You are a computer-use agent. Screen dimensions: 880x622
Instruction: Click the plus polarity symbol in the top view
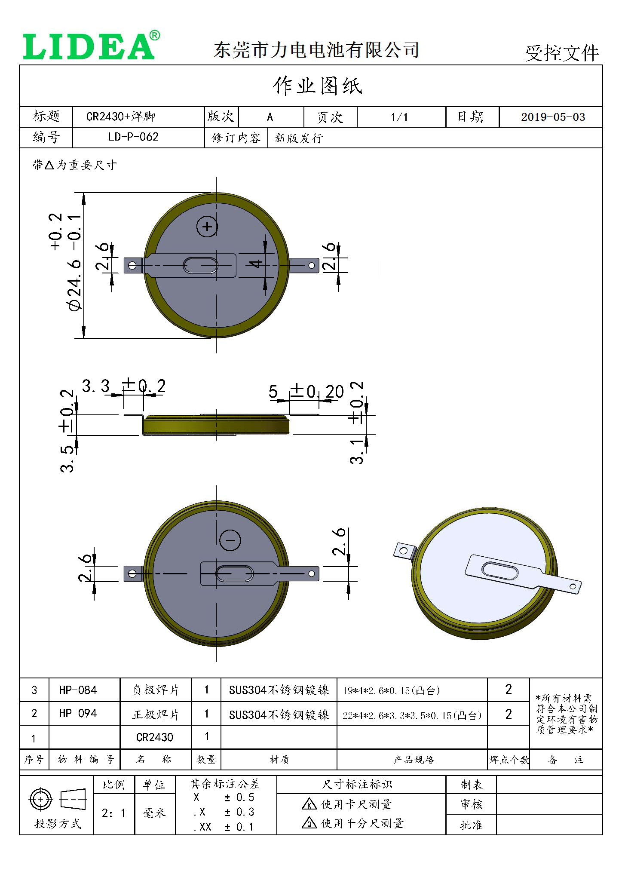click(x=207, y=227)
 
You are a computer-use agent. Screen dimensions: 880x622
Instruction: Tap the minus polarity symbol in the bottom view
click(x=230, y=540)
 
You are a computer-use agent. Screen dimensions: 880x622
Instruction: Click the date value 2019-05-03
click(x=553, y=117)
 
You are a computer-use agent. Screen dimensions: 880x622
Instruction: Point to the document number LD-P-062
click(x=133, y=137)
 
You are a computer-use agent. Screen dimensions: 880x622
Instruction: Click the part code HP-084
click(x=78, y=690)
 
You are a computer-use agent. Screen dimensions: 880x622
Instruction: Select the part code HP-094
click(x=78, y=713)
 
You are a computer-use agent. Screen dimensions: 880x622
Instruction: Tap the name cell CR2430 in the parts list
click(x=155, y=737)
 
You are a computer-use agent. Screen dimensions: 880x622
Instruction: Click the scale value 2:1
click(x=113, y=813)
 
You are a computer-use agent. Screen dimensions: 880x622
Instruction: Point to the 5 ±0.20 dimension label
click(x=306, y=392)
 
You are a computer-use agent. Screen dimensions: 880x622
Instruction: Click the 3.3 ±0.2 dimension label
click(x=124, y=386)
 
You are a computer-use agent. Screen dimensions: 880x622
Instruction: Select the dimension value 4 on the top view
click(x=256, y=264)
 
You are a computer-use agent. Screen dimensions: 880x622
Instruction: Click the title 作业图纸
click(x=317, y=86)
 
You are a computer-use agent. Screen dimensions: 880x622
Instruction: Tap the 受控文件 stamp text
click(x=561, y=53)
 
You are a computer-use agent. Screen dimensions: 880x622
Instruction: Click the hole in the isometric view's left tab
click(x=403, y=551)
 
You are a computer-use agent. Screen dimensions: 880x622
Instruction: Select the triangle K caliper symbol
click(x=309, y=804)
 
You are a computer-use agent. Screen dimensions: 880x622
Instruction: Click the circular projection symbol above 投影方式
click(x=40, y=800)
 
